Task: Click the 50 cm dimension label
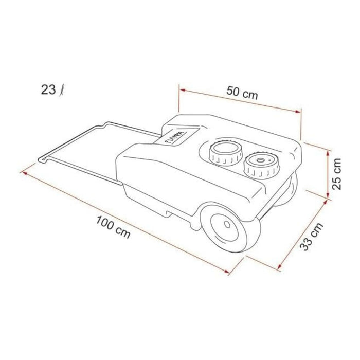(242, 94)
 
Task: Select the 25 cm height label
(337, 173)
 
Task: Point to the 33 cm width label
(310, 238)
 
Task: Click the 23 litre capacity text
(51, 91)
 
